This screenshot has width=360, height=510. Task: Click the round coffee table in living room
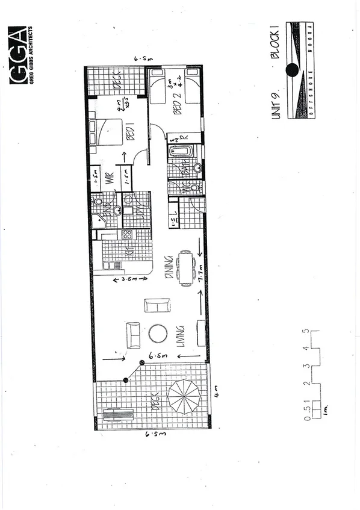tap(158, 334)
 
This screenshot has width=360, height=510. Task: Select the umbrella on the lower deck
tap(184, 396)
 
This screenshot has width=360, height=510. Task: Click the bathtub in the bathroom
tap(180, 150)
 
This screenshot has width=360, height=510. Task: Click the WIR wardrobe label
tap(110, 178)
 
